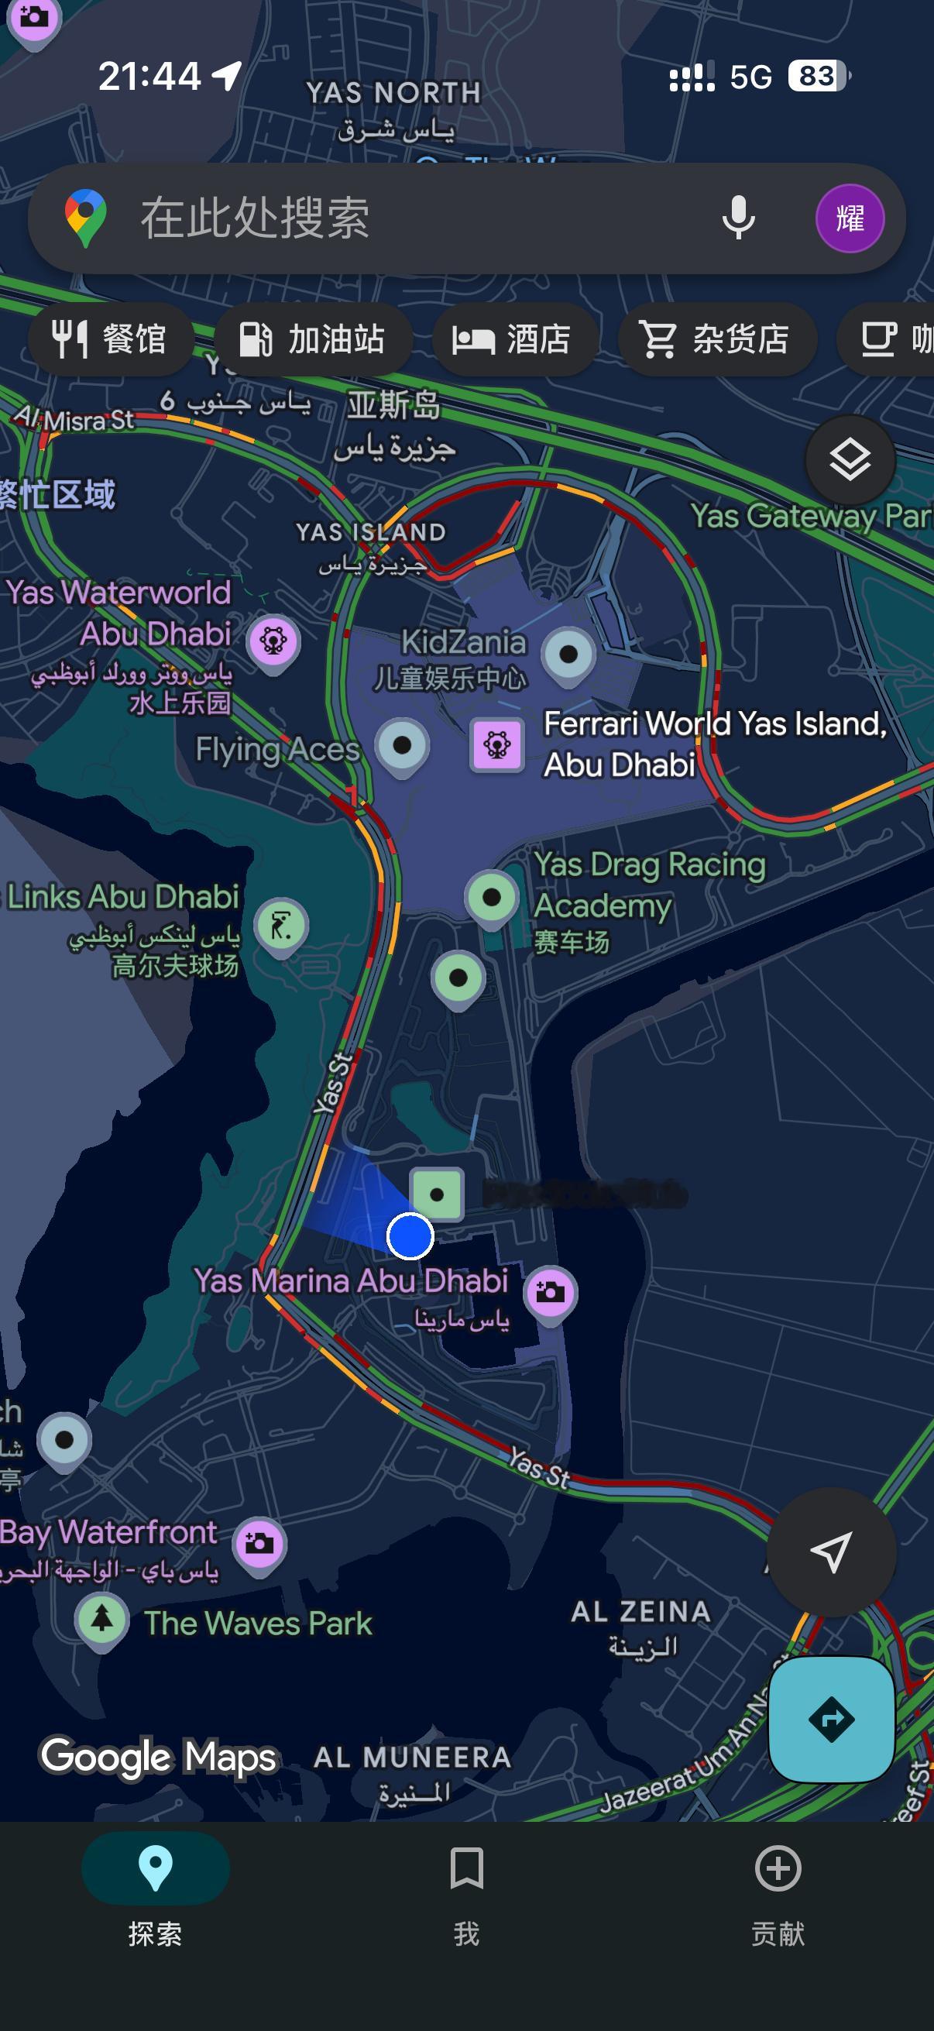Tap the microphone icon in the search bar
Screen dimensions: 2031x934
738,218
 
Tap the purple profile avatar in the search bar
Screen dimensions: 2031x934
849,218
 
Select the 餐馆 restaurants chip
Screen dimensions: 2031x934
110,340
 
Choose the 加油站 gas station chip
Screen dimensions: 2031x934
313,340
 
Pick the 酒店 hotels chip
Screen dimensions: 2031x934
513,340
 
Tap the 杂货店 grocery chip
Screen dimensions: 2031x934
716,340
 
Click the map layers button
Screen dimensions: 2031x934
850,459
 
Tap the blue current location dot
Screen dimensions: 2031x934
410,1235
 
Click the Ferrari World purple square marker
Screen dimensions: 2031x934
496,744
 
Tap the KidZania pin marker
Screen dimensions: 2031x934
568,655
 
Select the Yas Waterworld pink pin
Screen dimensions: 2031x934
273,641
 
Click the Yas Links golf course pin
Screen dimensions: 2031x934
281,925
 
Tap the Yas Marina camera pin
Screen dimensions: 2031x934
550,1292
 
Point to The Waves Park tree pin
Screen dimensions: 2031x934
102,1619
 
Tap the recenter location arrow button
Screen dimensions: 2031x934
831,1552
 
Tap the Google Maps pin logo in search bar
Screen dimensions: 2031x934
86,218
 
